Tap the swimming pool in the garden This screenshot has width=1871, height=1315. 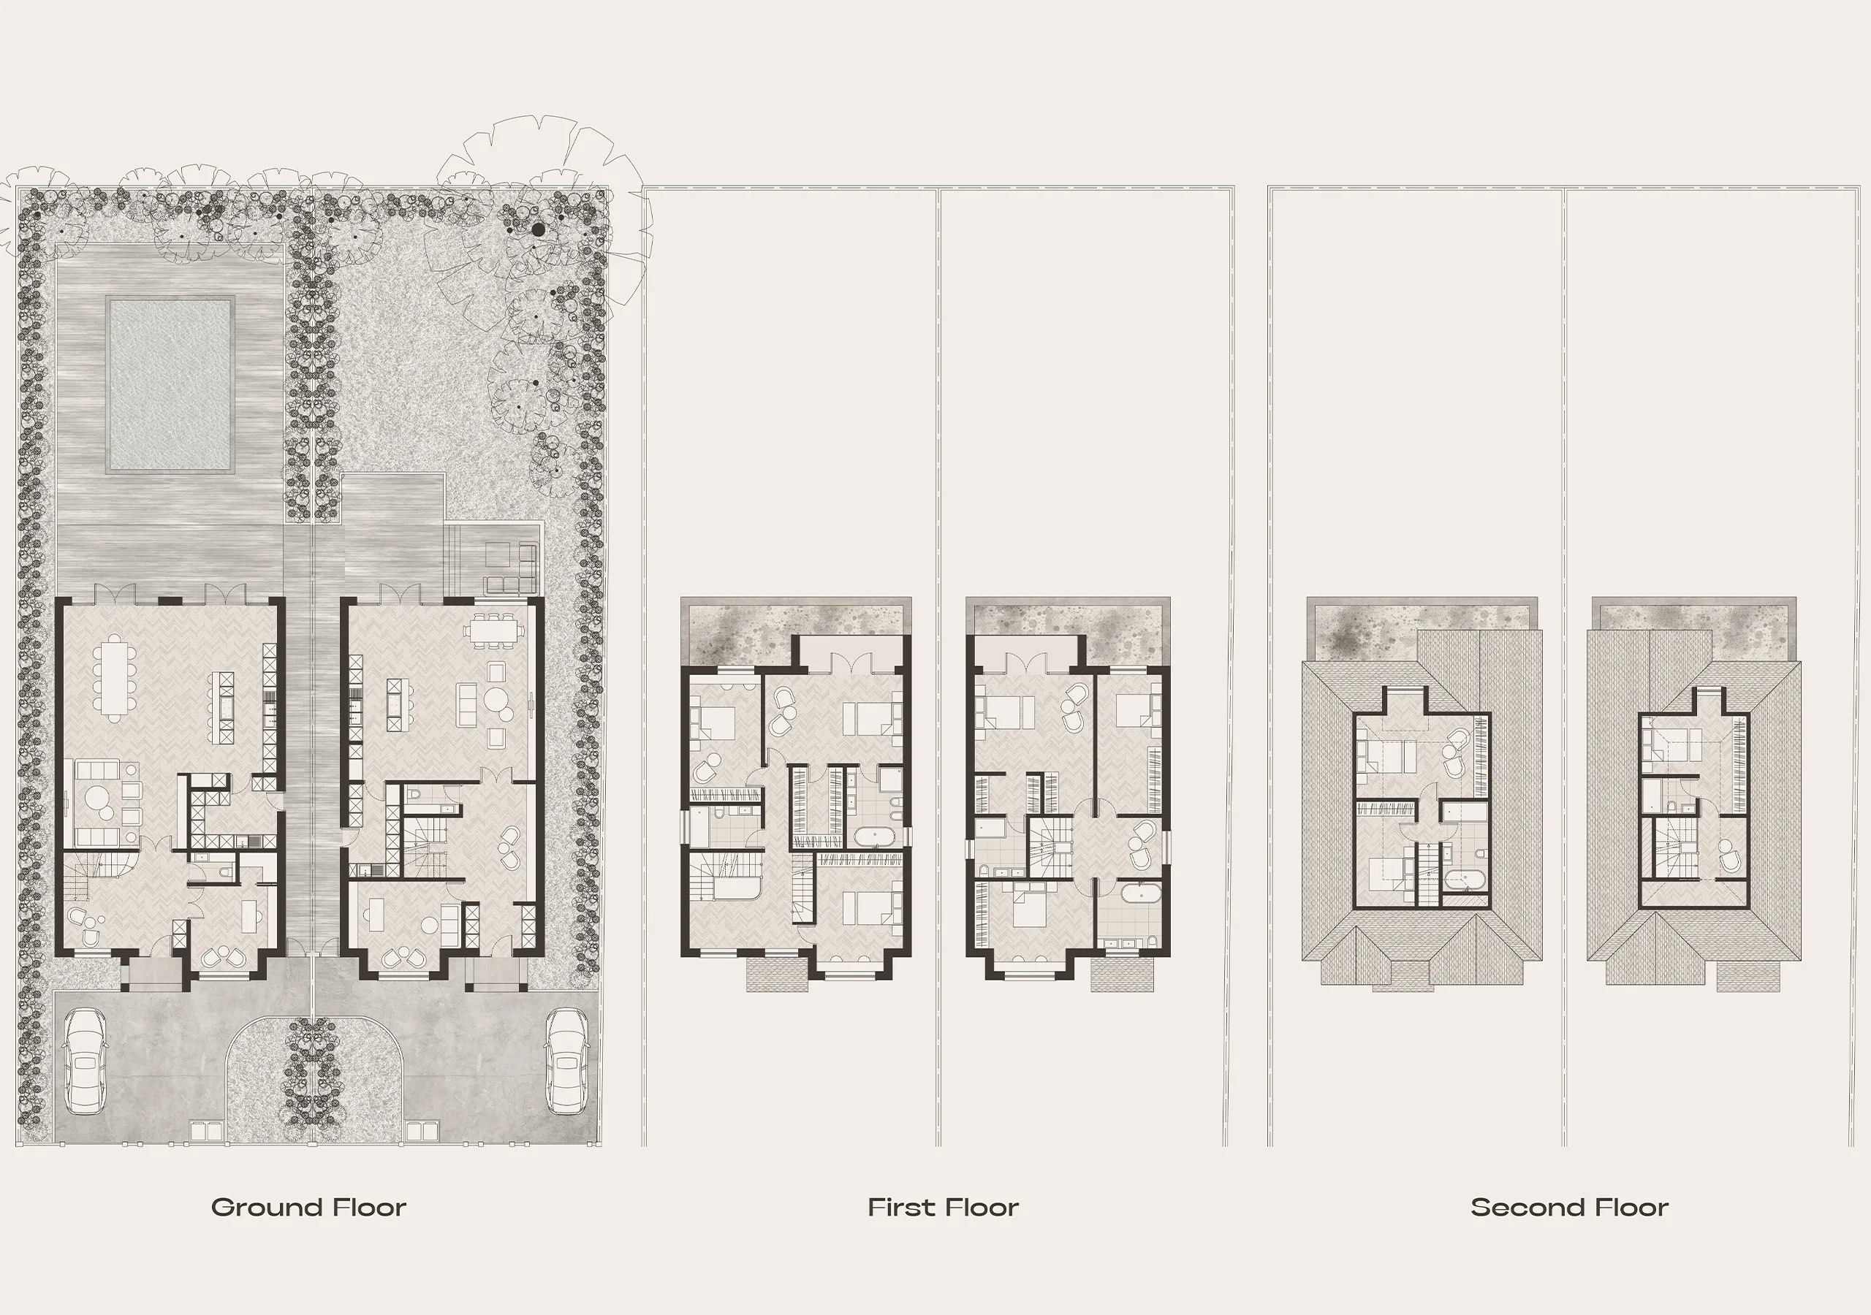pyautogui.click(x=170, y=384)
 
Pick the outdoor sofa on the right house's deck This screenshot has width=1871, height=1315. pyautogui.click(x=512, y=568)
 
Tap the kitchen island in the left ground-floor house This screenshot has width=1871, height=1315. pyautogui.click(x=224, y=707)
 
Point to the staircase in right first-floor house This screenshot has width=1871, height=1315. pyautogui.click(x=1050, y=847)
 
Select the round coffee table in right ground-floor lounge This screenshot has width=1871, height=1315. pyautogui.click(x=496, y=700)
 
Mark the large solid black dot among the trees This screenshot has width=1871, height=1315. pyautogui.click(x=538, y=231)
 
